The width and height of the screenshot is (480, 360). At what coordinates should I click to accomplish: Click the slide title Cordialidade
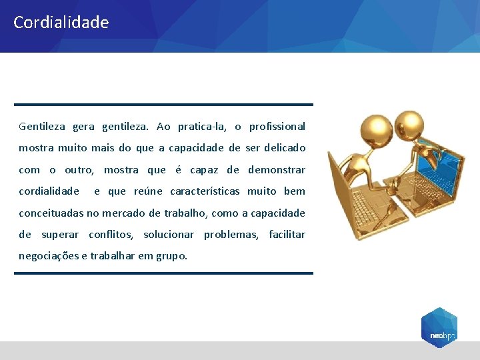[61, 23]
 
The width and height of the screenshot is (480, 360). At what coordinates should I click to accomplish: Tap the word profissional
[277, 127]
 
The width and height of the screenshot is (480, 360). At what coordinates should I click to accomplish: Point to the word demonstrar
[277, 170]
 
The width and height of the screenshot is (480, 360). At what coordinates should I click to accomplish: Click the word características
[205, 191]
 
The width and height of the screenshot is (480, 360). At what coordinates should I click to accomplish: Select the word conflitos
[111, 235]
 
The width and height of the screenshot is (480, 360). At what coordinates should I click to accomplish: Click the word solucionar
[169, 235]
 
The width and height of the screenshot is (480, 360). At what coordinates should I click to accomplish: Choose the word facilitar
[287, 235]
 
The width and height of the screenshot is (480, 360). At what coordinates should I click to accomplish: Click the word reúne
[148, 191]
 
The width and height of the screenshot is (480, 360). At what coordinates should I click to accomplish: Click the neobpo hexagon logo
[439, 327]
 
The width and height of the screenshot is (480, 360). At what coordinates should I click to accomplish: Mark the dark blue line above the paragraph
[163, 105]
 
